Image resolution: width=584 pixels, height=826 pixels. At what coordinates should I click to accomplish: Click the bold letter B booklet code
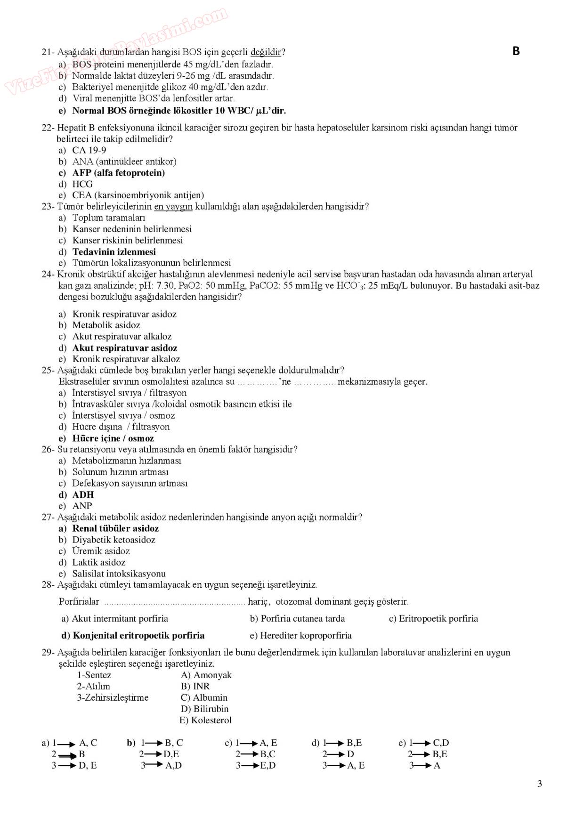(x=516, y=51)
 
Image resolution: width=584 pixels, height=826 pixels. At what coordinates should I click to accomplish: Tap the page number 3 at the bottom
(x=539, y=784)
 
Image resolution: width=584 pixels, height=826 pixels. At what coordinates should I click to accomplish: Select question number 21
(x=48, y=52)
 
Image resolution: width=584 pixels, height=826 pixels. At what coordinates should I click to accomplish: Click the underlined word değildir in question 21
(x=266, y=52)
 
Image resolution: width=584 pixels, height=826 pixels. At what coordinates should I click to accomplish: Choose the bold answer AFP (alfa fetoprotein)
(x=118, y=173)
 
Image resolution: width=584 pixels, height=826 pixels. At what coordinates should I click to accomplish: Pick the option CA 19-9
(x=89, y=150)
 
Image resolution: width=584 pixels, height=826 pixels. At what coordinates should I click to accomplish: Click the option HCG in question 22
(x=82, y=184)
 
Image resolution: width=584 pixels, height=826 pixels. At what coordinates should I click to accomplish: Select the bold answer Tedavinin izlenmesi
(x=114, y=252)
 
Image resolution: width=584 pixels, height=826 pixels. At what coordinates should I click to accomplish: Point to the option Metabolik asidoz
(x=106, y=325)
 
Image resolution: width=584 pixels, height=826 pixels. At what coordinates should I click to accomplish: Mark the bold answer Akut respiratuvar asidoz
(x=125, y=348)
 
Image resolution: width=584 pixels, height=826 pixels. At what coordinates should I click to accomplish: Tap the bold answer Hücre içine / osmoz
(x=113, y=438)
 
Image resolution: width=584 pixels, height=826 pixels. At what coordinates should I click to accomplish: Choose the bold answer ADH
(x=83, y=494)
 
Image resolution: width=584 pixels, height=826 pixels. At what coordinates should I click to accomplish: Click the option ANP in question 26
(x=82, y=506)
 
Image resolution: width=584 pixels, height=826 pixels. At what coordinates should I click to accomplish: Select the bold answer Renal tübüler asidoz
(x=115, y=528)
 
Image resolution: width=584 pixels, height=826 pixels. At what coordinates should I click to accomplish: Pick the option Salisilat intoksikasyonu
(x=119, y=574)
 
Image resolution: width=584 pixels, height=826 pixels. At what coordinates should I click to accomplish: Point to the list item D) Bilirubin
(x=204, y=709)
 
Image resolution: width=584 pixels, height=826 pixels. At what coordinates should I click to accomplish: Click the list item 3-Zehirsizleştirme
(x=113, y=697)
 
